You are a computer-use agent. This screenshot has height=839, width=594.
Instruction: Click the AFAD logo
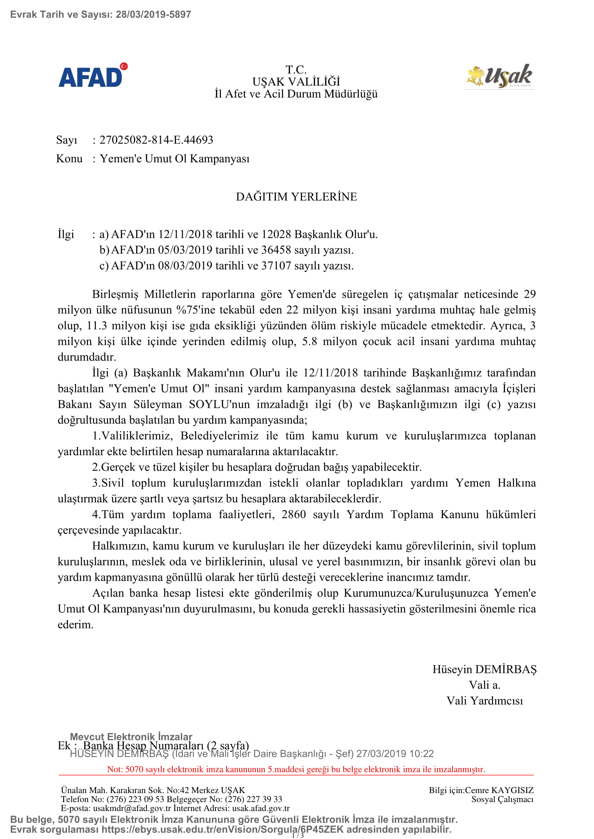(93, 76)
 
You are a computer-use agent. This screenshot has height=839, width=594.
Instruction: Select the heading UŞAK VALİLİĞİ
(296, 81)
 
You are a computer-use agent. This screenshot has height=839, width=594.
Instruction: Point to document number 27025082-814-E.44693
(156, 140)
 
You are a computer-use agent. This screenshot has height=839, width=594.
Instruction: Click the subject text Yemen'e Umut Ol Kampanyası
(175, 159)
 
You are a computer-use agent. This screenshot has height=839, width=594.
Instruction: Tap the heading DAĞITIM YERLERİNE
(296, 197)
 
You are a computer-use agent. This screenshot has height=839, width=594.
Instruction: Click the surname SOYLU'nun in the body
(219, 405)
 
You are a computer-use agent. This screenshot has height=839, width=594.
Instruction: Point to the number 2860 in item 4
(293, 514)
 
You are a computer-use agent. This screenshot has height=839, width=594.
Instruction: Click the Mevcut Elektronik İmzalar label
(131, 737)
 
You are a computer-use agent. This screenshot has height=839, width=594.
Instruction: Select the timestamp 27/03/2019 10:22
(395, 754)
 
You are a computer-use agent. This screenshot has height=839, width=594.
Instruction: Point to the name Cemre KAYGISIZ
(499, 791)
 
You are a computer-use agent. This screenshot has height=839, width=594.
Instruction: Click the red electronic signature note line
(296, 769)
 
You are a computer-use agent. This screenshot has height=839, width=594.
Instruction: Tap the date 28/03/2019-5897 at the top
(153, 15)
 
